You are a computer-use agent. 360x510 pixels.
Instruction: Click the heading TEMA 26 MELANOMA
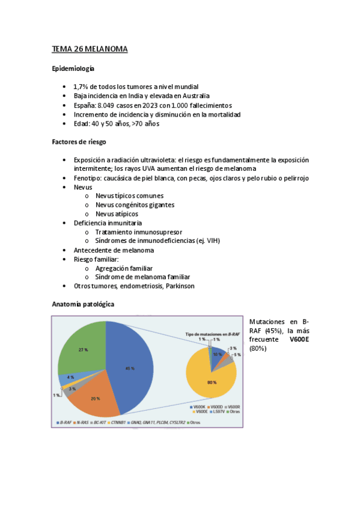click(x=90, y=49)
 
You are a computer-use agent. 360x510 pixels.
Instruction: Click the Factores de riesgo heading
click(x=79, y=143)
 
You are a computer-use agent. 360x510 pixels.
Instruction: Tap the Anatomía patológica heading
click(x=83, y=304)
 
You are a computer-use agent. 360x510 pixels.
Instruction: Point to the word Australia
click(x=192, y=96)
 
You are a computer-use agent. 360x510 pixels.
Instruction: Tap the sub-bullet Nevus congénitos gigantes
click(x=135, y=205)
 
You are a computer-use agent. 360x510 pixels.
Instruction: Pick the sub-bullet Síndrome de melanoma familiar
click(x=145, y=277)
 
